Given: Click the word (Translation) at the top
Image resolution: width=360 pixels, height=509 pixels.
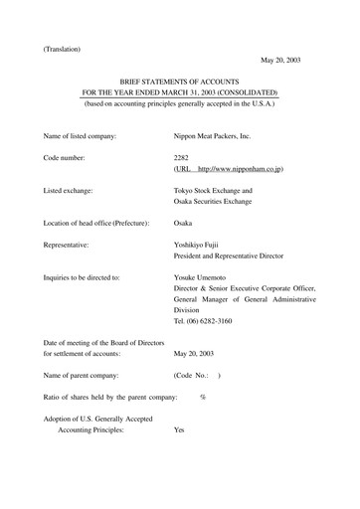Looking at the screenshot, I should pyautogui.click(x=62, y=48).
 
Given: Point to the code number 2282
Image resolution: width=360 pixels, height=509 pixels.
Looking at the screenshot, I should pyautogui.click(x=183, y=157).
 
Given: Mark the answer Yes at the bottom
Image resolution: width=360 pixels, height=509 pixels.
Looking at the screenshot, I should pyautogui.click(x=180, y=430).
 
